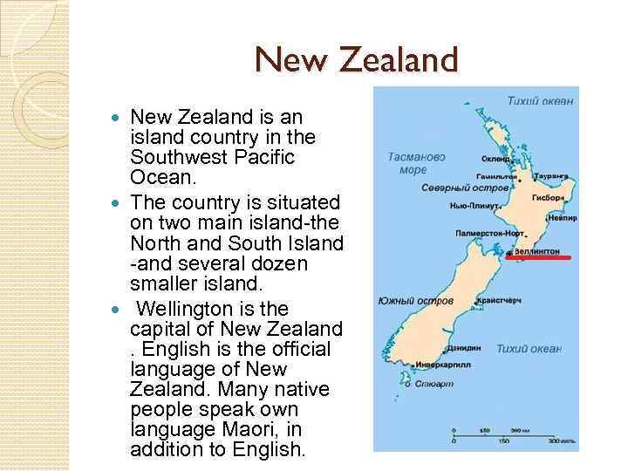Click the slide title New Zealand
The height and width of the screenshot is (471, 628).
(356, 60)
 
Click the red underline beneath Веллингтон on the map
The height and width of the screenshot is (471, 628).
(539, 258)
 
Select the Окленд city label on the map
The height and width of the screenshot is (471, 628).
(497, 160)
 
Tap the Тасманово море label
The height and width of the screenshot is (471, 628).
(416, 163)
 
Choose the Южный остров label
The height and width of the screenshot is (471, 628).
(415, 301)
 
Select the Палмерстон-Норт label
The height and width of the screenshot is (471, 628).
(489, 233)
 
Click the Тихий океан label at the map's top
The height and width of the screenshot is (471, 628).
(541, 102)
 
